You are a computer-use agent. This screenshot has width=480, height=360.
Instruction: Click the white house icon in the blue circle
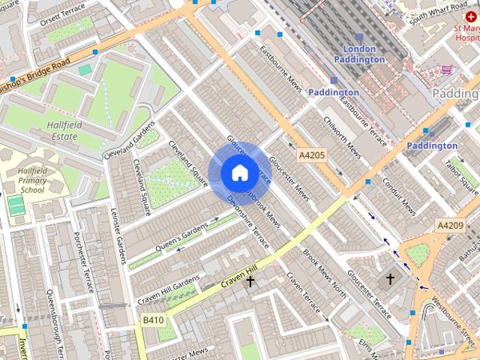click(239, 172)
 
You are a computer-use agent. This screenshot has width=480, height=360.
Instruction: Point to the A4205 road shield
click(311, 155)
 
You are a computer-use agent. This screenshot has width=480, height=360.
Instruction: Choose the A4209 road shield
click(450, 225)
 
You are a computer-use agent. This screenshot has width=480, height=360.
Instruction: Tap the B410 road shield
click(154, 320)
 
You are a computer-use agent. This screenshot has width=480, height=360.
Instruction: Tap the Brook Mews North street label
click(323, 271)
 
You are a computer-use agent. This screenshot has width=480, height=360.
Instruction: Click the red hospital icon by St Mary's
click(471, 16)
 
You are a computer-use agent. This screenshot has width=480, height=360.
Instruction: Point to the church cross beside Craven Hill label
click(250, 282)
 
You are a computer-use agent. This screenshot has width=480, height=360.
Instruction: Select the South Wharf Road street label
click(428, 13)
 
